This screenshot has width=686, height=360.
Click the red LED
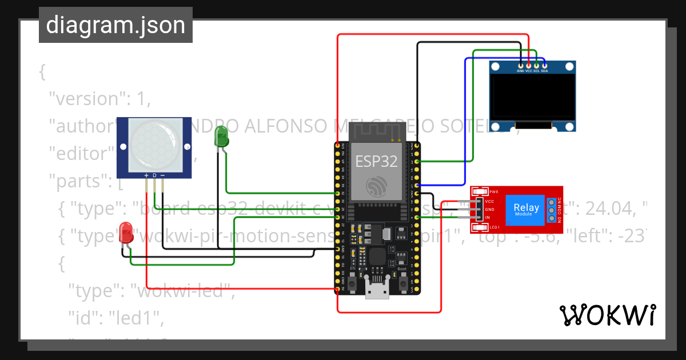(126, 233)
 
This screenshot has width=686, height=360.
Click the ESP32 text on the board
(376, 161)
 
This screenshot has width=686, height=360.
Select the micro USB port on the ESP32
(377, 292)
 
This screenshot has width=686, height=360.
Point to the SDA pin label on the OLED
(545, 71)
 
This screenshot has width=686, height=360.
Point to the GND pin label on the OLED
(520, 71)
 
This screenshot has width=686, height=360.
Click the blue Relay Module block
(526, 209)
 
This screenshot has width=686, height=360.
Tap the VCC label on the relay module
(489, 202)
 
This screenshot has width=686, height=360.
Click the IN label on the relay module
(488, 218)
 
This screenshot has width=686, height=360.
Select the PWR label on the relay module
(494, 191)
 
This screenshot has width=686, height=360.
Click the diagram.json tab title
(115, 25)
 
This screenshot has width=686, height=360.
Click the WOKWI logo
(607, 315)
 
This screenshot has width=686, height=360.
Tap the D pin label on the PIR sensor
(154, 175)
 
